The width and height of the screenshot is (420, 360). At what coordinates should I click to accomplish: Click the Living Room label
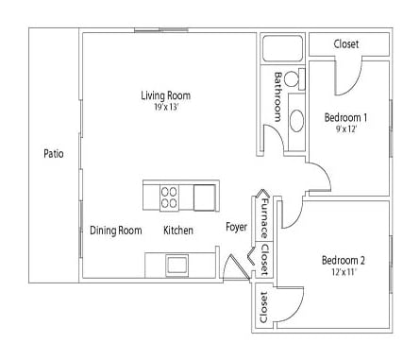click(x=165, y=95)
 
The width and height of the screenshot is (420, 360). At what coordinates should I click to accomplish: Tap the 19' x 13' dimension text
click(x=165, y=108)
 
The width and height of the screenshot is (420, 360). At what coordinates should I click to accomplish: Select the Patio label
click(x=54, y=153)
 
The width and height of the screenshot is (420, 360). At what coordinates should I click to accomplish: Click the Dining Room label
click(x=115, y=231)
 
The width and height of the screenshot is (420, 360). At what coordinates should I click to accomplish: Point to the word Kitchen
click(x=178, y=231)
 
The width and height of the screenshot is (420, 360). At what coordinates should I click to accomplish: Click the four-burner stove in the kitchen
click(x=170, y=197)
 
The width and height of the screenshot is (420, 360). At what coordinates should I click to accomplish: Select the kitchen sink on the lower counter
click(x=177, y=264)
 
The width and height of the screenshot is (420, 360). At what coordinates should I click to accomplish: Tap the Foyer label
click(x=236, y=228)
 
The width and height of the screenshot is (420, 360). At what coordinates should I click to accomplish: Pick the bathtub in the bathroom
click(x=281, y=50)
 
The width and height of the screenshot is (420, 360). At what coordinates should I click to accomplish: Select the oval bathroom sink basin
click(x=295, y=120)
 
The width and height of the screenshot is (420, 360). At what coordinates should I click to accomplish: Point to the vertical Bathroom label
click(x=278, y=95)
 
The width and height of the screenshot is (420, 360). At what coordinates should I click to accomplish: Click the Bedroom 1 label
click(x=344, y=118)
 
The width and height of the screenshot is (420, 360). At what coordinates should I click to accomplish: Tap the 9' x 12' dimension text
click(x=344, y=130)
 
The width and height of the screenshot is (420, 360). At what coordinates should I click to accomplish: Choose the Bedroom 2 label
click(x=342, y=261)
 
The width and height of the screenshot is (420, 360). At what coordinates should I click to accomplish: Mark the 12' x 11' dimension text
click(x=342, y=273)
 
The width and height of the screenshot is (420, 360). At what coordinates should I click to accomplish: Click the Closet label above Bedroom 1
click(x=346, y=44)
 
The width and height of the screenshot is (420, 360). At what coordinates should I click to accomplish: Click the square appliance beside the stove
click(x=204, y=197)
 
